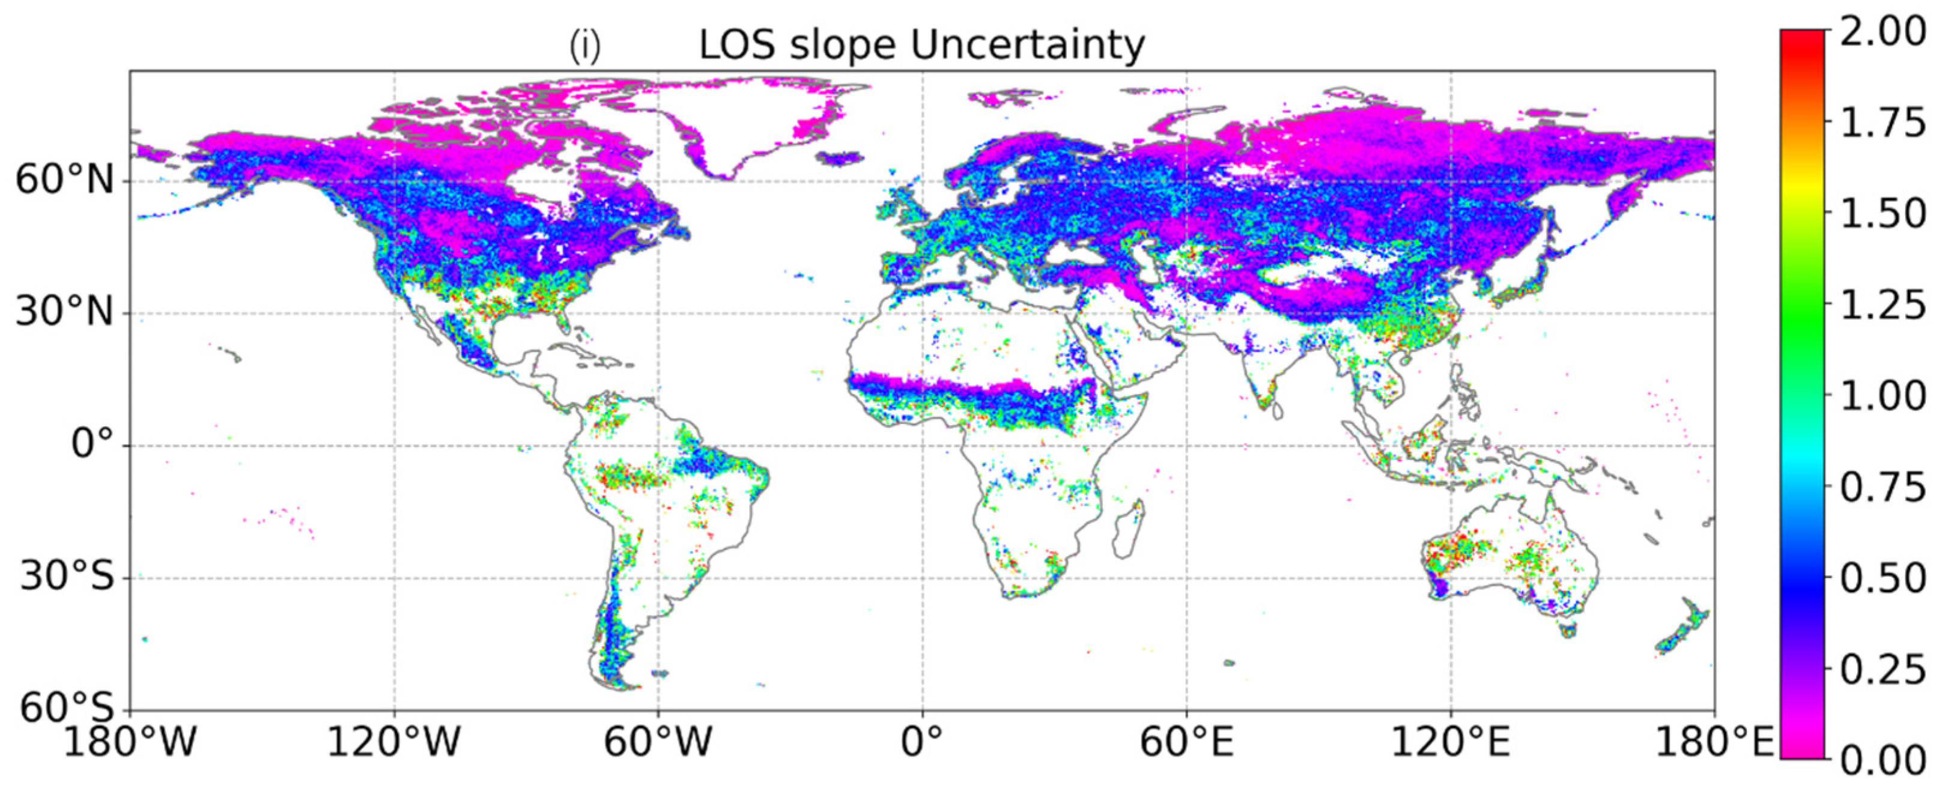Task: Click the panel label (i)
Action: coord(584,47)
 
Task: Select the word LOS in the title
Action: coord(736,46)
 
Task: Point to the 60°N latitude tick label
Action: coord(64,180)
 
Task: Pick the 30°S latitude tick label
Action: coord(67,577)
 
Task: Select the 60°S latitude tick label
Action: coord(67,709)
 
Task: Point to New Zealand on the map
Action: coord(1683,627)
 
